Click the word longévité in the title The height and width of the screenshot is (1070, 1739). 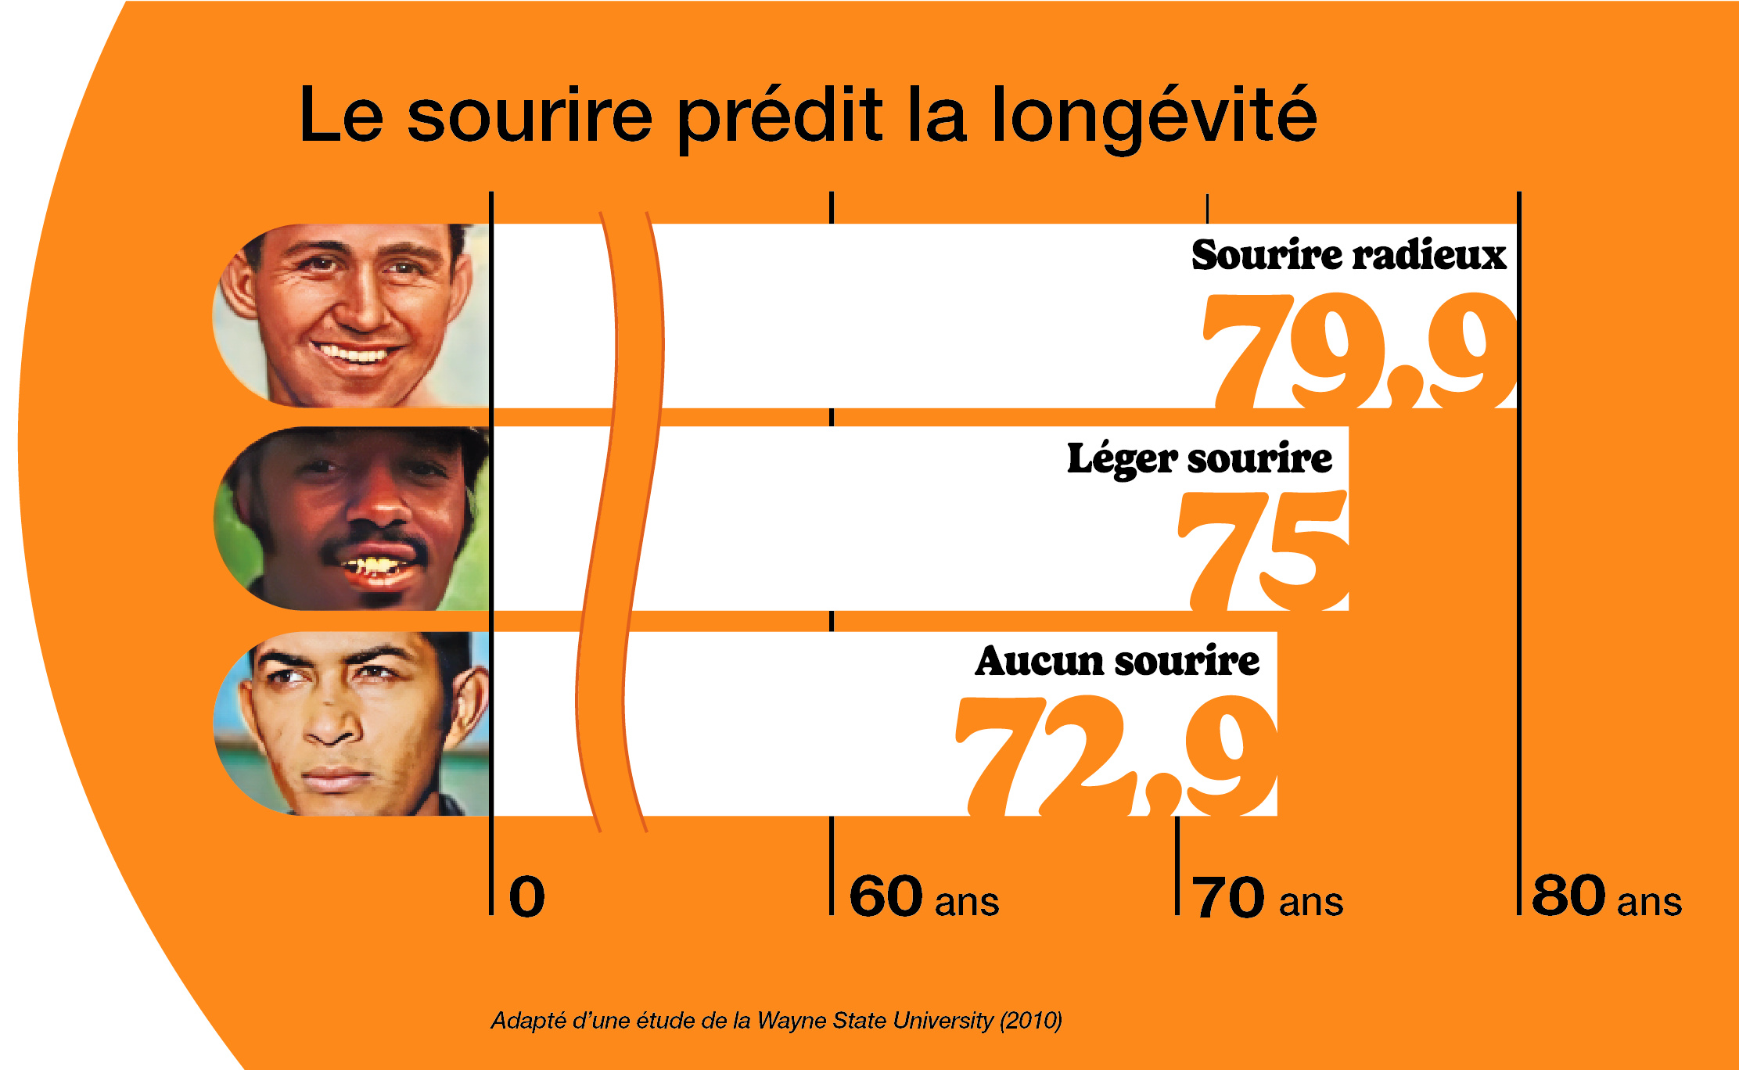1155,117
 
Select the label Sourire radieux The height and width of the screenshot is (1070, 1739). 1349,255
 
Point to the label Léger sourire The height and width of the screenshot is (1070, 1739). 1199,458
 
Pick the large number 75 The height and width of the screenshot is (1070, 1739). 1263,551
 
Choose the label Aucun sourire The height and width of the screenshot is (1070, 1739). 1117,661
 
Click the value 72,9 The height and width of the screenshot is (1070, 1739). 1116,755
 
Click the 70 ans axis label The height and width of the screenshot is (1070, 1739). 1267,898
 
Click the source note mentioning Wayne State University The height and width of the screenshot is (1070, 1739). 776,1021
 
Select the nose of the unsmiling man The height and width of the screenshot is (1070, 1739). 332,727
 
